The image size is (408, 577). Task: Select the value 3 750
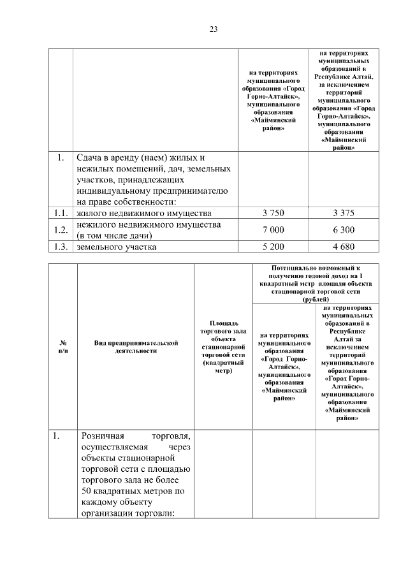273,212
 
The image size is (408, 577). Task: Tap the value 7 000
273,230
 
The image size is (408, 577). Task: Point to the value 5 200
273,247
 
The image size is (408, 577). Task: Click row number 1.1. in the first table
61,212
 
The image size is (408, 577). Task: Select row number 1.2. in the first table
61,230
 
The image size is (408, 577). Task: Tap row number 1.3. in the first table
61,247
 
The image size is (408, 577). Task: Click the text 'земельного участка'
116,247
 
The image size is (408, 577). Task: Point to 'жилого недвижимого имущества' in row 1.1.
143,212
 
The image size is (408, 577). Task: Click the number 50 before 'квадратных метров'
87,491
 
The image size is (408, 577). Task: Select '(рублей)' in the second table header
316,298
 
